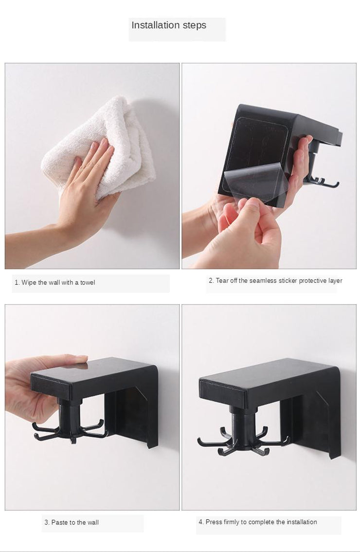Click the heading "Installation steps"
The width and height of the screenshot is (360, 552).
(x=169, y=25)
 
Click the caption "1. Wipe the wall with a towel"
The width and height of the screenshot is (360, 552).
(x=54, y=282)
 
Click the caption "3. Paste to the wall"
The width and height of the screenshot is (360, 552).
(x=72, y=522)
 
